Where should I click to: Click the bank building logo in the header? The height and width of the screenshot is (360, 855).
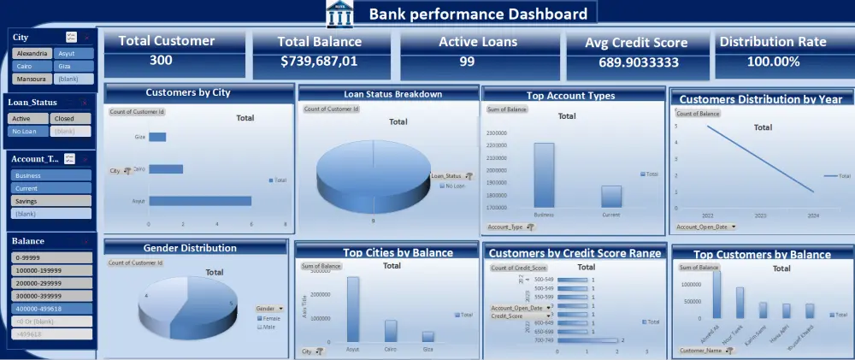tap(339, 15)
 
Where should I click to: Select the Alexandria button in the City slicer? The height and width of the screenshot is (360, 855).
tap(32, 53)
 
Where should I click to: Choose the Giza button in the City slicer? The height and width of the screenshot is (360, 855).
tap(72, 66)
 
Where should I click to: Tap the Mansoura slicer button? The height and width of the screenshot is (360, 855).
tap(32, 79)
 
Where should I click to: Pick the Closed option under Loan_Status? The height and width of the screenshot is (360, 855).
tap(70, 119)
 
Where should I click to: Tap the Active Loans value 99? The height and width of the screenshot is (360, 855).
tap(467, 62)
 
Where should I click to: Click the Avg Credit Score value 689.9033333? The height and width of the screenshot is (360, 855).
tap(637, 62)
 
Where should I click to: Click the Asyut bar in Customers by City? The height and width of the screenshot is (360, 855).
tap(199, 201)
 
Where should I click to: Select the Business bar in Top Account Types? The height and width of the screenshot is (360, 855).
tap(544, 175)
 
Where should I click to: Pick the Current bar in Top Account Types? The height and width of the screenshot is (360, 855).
tap(610, 197)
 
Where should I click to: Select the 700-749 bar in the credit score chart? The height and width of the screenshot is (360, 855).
tap(587, 340)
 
